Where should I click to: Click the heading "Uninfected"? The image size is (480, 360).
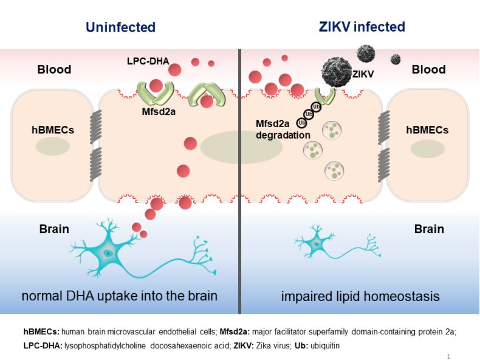121,27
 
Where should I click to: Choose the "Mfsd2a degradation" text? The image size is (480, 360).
283,130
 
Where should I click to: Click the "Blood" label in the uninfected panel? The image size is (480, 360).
54,69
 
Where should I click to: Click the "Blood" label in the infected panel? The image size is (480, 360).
428,69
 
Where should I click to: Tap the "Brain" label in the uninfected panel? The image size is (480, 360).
53,229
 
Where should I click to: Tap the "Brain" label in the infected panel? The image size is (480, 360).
429,229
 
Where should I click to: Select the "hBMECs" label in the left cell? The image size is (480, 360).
53,130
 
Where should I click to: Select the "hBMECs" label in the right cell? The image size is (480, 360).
427,130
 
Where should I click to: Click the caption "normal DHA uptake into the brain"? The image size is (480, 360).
120,297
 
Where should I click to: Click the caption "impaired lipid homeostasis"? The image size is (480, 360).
360,297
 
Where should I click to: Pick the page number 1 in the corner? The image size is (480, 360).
448,356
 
